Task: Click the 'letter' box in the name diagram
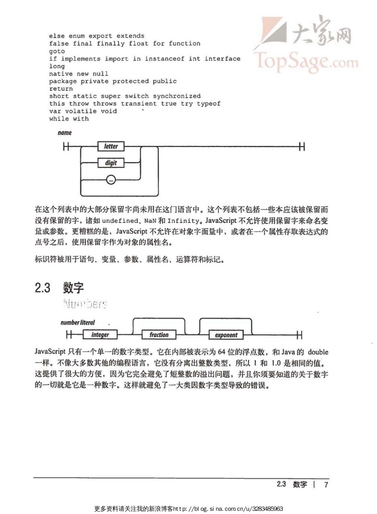click(x=111, y=146)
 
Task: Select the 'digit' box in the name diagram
click(x=111, y=163)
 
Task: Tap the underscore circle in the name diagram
click(x=111, y=180)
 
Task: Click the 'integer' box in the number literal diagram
click(x=100, y=335)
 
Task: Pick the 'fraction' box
click(x=159, y=335)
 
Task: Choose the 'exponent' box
click(x=226, y=335)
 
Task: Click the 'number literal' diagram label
click(x=78, y=323)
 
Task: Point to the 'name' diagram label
click(x=65, y=133)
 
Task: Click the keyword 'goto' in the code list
click(x=57, y=51)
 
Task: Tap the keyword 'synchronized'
click(x=177, y=96)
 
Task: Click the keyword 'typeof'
click(x=209, y=103)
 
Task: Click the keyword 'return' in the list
click(x=61, y=88)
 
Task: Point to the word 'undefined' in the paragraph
click(x=120, y=221)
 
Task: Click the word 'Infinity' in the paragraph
click(x=183, y=221)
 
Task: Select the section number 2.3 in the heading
click(x=42, y=287)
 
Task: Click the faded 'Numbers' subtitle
click(x=85, y=304)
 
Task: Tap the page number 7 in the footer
click(x=326, y=484)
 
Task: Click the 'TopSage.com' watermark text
click(x=306, y=61)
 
